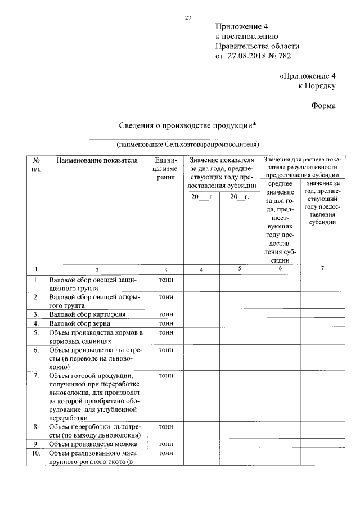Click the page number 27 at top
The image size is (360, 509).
[188, 18]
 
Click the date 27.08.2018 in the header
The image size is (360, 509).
[249, 56]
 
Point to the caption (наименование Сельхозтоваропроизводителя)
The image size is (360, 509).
[188, 143]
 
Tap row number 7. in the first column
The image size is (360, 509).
[36, 375]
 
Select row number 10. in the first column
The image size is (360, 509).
[36, 454]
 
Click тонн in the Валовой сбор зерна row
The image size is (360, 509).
[166, 323]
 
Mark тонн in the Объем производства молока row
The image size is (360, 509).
[166, 444]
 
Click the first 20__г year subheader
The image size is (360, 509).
[201, 197]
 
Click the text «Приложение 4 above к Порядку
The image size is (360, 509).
[307, 75]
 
